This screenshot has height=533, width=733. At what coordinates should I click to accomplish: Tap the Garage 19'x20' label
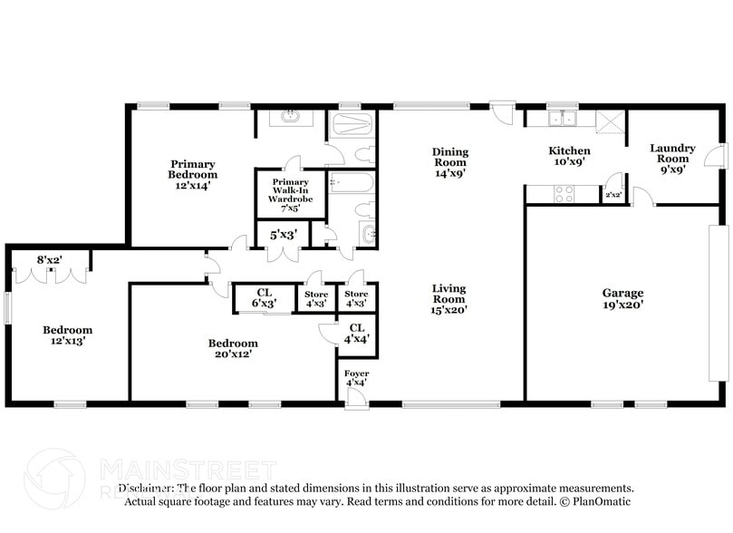tap(622, 299)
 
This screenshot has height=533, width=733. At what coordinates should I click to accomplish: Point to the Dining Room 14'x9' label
tap(449, 162)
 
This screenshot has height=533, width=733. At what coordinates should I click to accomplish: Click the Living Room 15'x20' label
tap(448, 298)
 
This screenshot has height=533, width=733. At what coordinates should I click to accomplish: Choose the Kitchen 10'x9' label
tap(569, 156)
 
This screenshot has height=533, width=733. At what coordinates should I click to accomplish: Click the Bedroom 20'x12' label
tap(233, 348)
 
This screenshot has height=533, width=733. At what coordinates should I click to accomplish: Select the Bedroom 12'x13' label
tap(68, 334)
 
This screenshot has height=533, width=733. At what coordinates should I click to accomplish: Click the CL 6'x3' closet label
tap(264, 297)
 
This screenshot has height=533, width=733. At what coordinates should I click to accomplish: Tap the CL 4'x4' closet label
tap(356, 333)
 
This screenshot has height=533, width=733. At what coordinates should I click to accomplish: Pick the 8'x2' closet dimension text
tap(49, 259)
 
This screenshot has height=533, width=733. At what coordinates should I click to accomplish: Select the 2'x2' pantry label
tap(613, 194)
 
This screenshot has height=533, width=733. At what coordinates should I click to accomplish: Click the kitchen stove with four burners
tap(564, 193)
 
